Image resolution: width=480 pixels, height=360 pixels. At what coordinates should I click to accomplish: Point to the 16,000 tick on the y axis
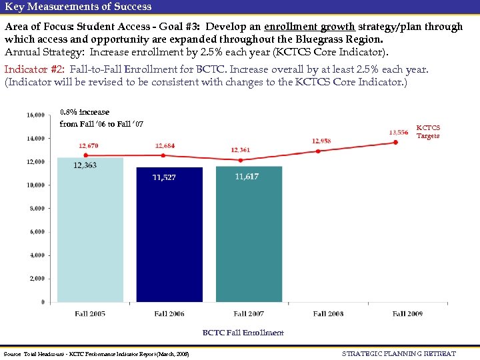click(x=35, y=115)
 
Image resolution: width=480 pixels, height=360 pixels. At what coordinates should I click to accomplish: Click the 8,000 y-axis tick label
click(x=37, y=209)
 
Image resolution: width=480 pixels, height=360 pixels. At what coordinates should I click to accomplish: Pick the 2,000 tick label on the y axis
click(x=37, y=279)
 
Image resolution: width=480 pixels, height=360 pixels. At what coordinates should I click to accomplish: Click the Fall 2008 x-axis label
click(x=329, y=313)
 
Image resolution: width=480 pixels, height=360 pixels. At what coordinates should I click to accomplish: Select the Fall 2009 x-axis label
click(x=408, y=313)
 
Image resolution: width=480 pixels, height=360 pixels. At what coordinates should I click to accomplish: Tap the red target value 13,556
click(x=398, y=132)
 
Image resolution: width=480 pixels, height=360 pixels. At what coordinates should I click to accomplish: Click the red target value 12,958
click(x=321, y=141)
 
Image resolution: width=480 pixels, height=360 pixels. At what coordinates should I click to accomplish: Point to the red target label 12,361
click(x=240, y=150)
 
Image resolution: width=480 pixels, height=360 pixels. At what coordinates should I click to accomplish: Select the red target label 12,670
click(x=88, y=145)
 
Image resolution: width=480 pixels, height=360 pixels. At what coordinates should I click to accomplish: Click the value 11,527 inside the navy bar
click(x=164, y=177)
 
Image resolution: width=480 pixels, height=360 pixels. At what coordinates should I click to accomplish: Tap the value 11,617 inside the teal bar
click(x=247, y=176)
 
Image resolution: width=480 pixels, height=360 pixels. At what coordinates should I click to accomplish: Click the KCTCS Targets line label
click(x=428, y=131)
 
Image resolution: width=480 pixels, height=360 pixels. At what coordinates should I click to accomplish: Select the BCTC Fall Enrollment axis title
click(x=243, y=333)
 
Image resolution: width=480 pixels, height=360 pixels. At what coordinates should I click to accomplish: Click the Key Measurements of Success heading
click(x=78, y=7)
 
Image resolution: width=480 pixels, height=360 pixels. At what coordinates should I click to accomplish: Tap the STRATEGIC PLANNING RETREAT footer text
click(x=399, y=353)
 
